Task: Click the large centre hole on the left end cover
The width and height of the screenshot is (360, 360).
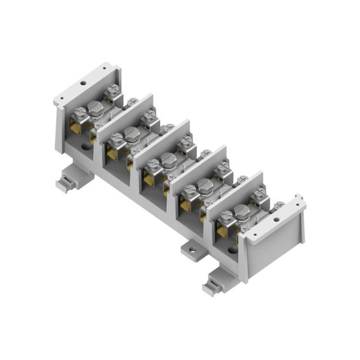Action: pos(83,83)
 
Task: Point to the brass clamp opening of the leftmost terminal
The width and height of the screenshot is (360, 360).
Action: pos(75,128)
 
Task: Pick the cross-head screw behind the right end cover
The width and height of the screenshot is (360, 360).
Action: pos(279,205)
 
